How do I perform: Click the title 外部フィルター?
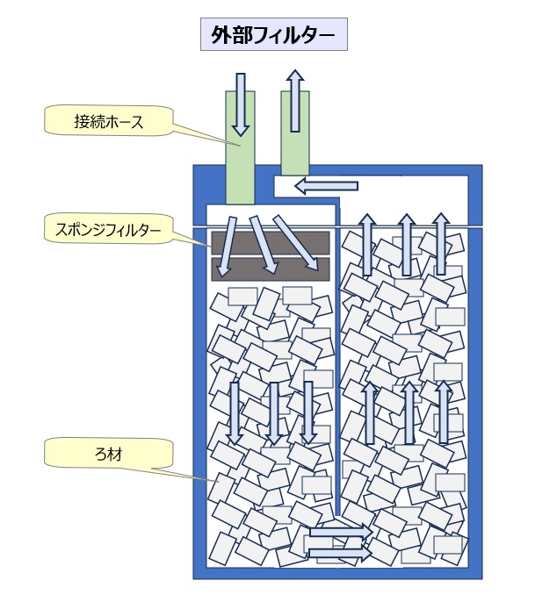(x=273, y=35)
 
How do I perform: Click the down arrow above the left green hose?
(x=241, y=103)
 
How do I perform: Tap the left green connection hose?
(x=240, y=162)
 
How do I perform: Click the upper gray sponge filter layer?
(x=270, y=241)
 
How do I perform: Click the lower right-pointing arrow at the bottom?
(x=337, y=554)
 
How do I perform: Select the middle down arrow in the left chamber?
(x=273, y=412)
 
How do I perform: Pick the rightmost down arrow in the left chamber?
(x=308, y=412)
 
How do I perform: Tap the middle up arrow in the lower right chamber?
(x=408, y=412)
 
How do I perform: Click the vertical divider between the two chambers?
(x=339, y=369)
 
